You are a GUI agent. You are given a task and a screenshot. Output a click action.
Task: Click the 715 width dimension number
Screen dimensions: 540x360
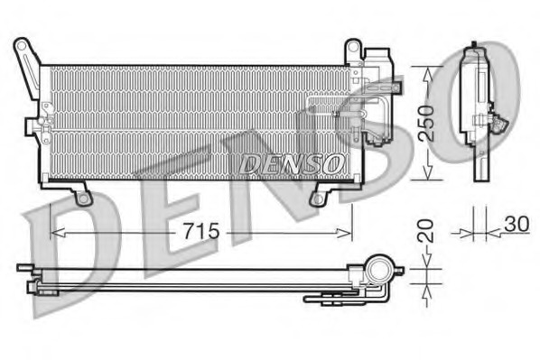click(201, 231)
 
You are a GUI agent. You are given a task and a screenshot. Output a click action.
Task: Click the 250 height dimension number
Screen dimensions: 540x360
click(426, 124)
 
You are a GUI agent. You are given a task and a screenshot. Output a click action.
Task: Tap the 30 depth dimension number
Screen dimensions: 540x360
click(517, 224)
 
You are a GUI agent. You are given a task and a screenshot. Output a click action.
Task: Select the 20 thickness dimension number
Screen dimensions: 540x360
click(426, 230)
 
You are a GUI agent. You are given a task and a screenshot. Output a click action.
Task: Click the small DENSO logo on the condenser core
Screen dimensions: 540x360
click(292, 164)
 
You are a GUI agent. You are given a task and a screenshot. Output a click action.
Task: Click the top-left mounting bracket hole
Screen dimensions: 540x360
click(22, 46)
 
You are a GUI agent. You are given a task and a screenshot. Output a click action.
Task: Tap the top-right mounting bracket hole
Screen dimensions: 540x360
click(353, 47)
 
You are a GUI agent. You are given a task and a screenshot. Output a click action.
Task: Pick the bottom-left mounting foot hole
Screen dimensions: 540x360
click(83, 198)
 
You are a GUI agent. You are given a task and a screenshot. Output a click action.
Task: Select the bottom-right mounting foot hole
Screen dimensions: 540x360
click(318, 198)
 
